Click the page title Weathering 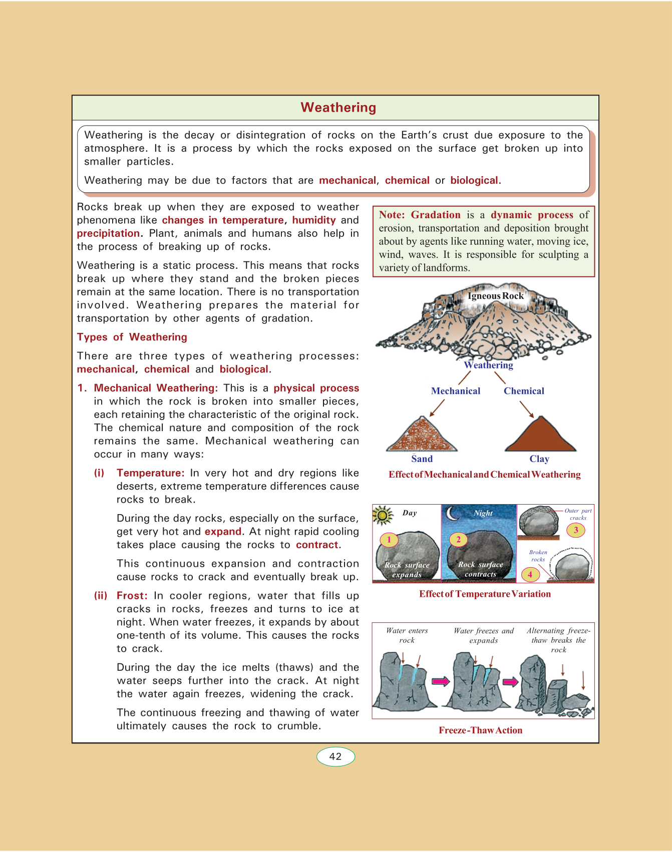[x=338, y=108]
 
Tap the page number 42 [x=335, y=756]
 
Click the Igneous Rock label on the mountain [x=495, y=296]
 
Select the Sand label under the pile [x=422, y=459]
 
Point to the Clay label [x=539, y=459]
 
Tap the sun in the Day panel [x=383, y=515]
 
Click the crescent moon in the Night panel [x=453, y=514]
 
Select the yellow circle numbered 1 [x=389, y=540]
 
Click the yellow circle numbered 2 [x=458, y=540]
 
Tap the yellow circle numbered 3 [x=576, y=530]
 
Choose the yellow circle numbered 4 [x=530, y=574]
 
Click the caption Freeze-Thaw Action [x=480, y=730]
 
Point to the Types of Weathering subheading [x=132, y=337]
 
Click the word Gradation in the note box [x=435, y=215]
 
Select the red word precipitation [x=108, y=233]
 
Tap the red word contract [x=317, y=545]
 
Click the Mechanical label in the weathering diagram [x=455, y=391]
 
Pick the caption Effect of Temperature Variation [x=485, y=594]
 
